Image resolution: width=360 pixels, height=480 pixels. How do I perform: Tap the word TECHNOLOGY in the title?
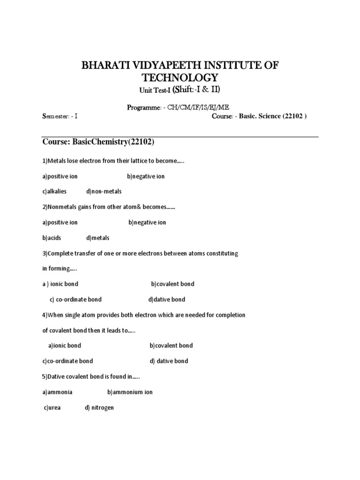click(x=180, y=77)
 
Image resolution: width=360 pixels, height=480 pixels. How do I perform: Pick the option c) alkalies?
click(x=54, y=191)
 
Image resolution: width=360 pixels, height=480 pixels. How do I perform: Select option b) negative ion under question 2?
click(x=147, y=222)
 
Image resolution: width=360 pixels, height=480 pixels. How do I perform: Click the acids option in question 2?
click(x=52, y=238)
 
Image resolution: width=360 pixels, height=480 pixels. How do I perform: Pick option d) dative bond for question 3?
click(x=166, y=299)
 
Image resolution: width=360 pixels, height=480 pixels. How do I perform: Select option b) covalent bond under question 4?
click(x=171, y=345)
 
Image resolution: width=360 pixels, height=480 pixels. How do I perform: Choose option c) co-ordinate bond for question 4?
click(x=67, y=361)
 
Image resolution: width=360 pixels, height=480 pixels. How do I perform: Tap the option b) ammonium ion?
click(x=130, y=392)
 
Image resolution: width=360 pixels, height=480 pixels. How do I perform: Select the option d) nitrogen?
click(x=99, y=408)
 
